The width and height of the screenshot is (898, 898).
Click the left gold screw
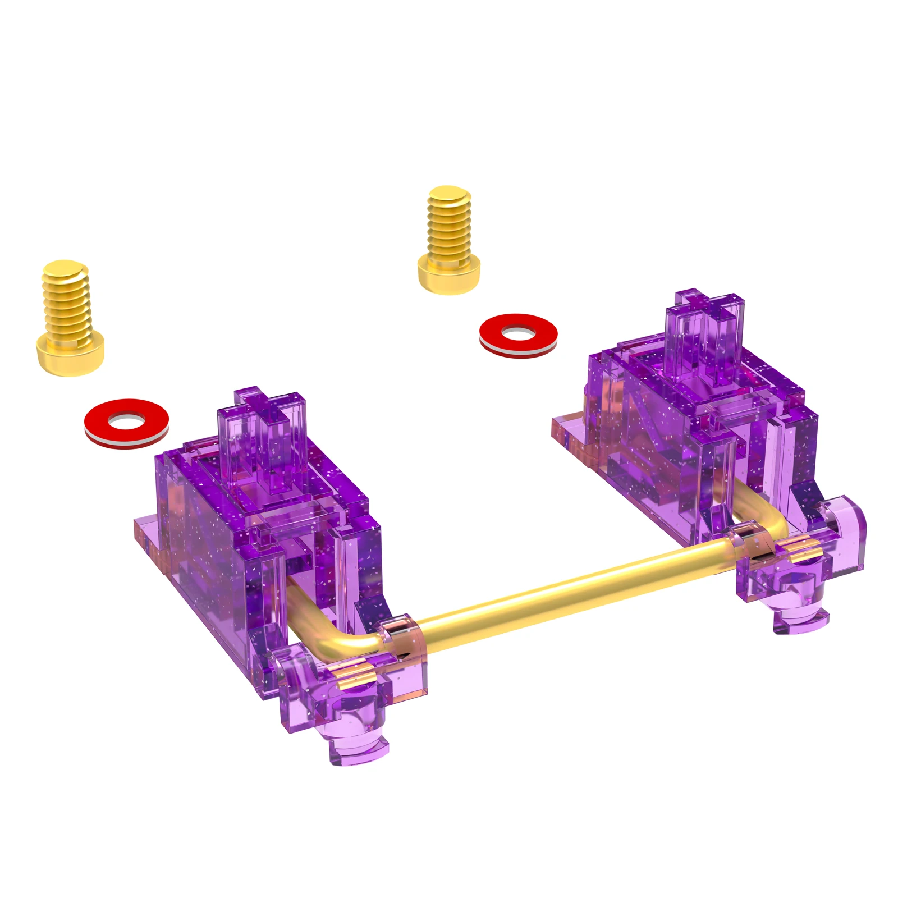click(68, 320)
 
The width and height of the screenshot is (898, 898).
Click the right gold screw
click(449, 241)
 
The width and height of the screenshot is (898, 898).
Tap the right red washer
click(518, 336)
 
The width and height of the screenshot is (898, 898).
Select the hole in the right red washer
click(517, 333)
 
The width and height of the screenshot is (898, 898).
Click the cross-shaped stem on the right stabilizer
click(706, 337)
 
